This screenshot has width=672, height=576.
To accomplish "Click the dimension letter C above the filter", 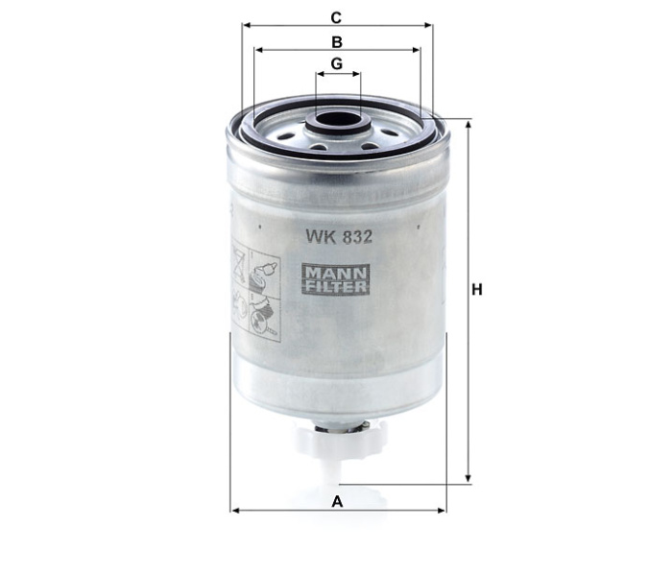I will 336,17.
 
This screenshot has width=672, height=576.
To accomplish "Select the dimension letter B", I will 336,41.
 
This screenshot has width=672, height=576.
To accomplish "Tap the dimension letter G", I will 336,64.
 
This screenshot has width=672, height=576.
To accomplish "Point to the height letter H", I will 477,288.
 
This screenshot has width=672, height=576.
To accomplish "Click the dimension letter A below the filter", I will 336,500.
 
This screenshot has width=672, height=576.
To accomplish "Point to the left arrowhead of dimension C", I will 247,27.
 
